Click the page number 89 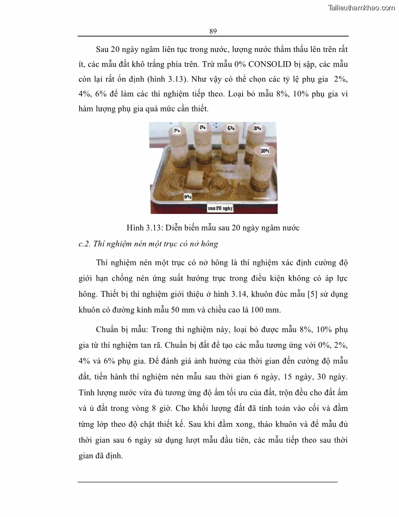[x=213, y=31]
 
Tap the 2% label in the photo [x=177, y=131]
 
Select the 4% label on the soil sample [x=202, y=127]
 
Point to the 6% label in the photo [x=231, y=128]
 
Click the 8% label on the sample [x=257, y=128]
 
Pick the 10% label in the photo [x=265, y=151]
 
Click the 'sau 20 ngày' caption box [x=220, y=208]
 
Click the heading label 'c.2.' [x=85, y=244]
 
